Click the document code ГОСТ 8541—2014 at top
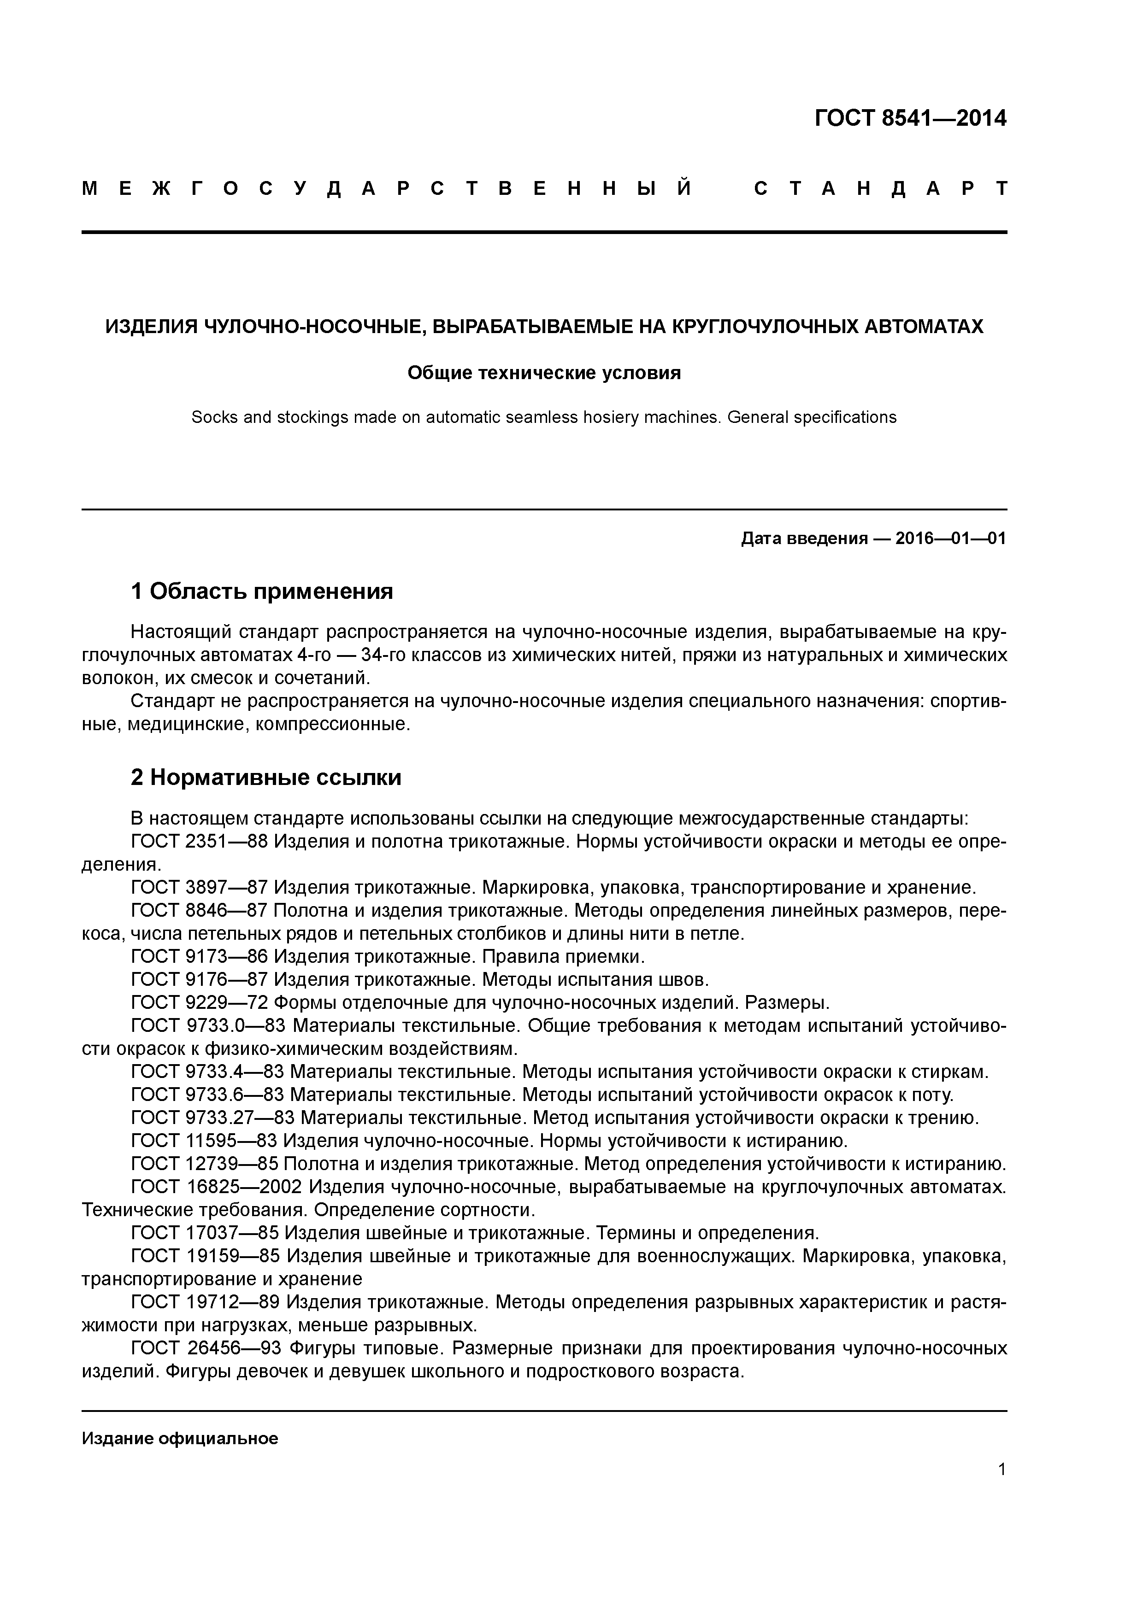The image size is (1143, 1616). (x=910, y=118)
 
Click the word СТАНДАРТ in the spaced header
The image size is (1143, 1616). (x=880, y=188)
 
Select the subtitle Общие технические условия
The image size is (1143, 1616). (x=544, y=372)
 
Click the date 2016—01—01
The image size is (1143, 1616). (x=951, y=539)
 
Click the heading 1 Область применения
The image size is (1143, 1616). (x=262, y=591)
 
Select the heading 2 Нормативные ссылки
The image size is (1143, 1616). (x=266, y=777)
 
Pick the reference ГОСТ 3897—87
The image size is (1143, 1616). (x=199, y=888)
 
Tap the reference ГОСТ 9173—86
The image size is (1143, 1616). (x=199, y=956)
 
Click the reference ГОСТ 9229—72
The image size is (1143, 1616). (x=199, y=1002)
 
